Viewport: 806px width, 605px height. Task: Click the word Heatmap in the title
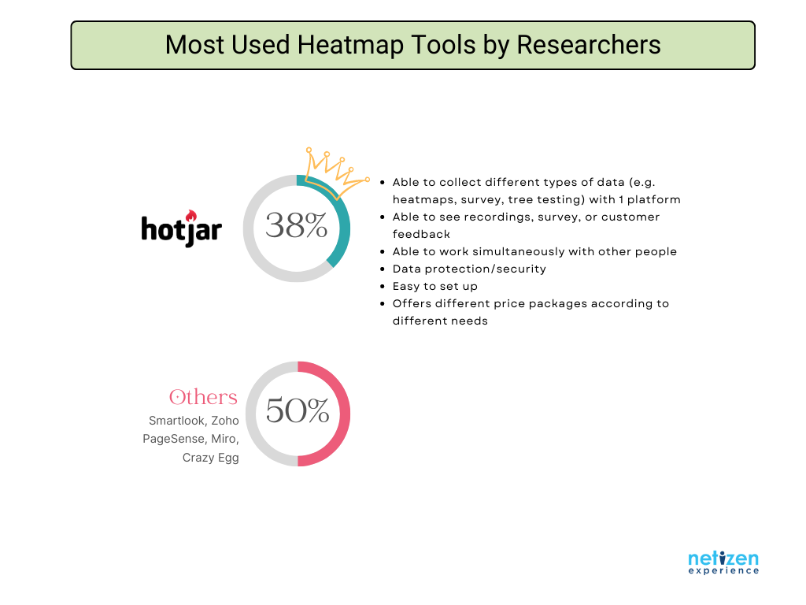350,45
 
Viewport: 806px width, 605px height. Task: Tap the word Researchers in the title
588,45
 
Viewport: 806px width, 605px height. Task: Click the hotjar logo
182,228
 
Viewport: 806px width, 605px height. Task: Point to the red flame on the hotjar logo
191,215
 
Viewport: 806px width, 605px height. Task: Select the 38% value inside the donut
296,225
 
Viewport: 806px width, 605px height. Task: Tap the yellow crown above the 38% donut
337,171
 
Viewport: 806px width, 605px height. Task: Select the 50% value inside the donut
298,410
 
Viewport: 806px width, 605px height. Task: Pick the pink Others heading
203,397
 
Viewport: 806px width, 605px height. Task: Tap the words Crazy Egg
211,458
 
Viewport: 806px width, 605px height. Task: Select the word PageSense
174,439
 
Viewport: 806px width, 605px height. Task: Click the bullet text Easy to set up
434,286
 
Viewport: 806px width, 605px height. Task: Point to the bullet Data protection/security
469,269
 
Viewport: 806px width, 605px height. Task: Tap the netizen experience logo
723,562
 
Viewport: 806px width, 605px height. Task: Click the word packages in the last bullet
557,303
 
